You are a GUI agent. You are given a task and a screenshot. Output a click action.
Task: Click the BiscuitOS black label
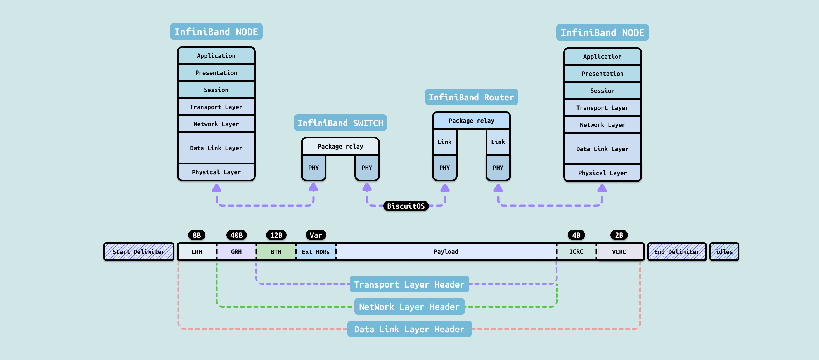click(406, 206)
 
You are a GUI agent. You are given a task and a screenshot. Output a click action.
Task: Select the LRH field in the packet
click(197, 251)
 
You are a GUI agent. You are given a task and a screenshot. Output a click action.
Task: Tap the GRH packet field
click(236, 251)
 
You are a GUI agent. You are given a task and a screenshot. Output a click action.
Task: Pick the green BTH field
click(276, 251)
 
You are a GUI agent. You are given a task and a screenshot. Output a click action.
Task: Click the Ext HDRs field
click(316, 251)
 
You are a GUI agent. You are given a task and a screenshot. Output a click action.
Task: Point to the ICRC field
click(576, 251)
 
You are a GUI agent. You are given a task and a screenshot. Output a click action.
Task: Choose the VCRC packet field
click(619, 251)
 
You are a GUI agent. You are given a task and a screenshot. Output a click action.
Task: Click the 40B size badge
click(236, 235)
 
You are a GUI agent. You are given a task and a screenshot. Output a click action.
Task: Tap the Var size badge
click(316, 235)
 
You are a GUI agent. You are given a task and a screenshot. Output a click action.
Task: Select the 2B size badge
click(619, 235)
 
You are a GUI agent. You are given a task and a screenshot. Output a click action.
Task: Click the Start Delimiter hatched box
click(139, 251)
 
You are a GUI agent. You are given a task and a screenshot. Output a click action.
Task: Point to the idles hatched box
click(724, 251)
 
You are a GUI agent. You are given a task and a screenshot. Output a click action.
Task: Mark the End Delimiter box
click(677, 251)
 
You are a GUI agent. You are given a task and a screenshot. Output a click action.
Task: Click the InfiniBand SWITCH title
click(340, 123)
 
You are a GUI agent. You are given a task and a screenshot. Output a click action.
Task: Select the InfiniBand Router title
click(471, 97)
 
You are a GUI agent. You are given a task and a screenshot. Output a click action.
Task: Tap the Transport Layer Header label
click(409, 284)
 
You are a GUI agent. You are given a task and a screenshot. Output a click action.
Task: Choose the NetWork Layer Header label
click(409, 307)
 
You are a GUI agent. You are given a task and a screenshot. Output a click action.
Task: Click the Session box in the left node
click(216, 90)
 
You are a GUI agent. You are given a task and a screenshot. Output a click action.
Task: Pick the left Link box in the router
click(444, 142)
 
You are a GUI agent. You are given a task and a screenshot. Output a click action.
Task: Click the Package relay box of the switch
click(340, 146)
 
